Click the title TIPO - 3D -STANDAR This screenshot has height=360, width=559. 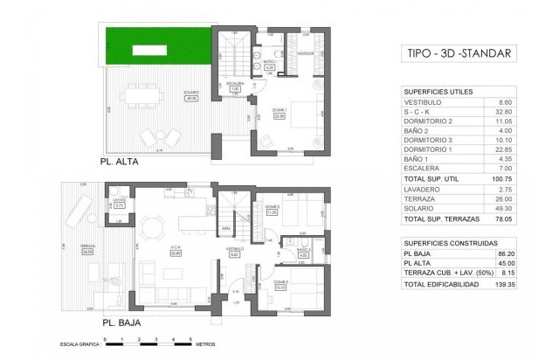coord(459,54)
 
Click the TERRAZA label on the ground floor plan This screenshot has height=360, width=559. coord(87,247)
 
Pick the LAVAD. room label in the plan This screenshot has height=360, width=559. coord(119,200)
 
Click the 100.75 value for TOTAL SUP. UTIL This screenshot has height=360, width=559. coord(500,177)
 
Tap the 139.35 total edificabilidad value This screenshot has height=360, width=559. coord(500,284)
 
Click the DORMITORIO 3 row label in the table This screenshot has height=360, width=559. coord(429,139)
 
